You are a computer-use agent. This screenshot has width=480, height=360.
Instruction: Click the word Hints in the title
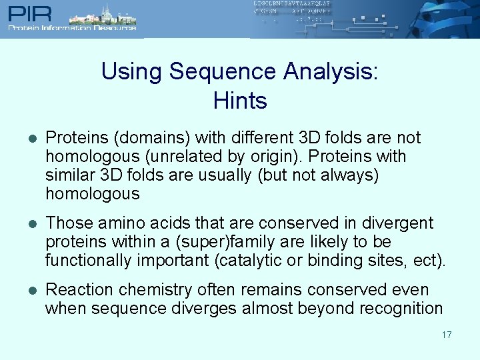[240, 101]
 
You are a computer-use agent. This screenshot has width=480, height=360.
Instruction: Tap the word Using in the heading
[131, 71]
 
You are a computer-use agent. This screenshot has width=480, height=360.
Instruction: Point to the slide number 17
[446, 334]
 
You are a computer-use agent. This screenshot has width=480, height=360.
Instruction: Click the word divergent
[403, 223]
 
